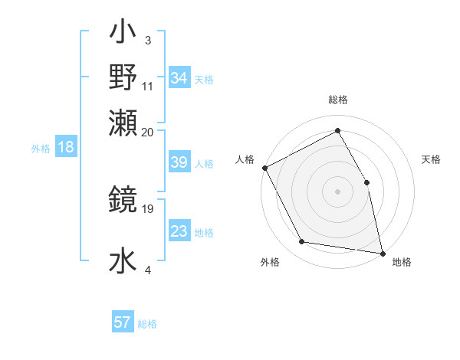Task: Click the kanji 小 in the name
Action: coord(123,35)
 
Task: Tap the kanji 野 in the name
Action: coord(123,77)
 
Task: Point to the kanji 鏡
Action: coord(123,201)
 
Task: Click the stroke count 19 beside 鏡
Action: coord(149,208)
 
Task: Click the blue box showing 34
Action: coord(179,77)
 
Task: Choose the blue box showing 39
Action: coord(179,162)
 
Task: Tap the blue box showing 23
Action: coord(179,231)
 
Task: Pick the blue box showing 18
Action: coord(65,148)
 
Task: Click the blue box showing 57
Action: coord(123,322)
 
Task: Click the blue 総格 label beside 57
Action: coord(147,324)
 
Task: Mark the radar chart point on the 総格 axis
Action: coord(337,130)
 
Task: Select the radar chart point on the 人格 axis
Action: coord(264,168)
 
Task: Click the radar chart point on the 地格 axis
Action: coord(382,253)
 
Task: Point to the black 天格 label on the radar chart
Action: coord(431,159)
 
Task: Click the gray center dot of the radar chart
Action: coord(337,191)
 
